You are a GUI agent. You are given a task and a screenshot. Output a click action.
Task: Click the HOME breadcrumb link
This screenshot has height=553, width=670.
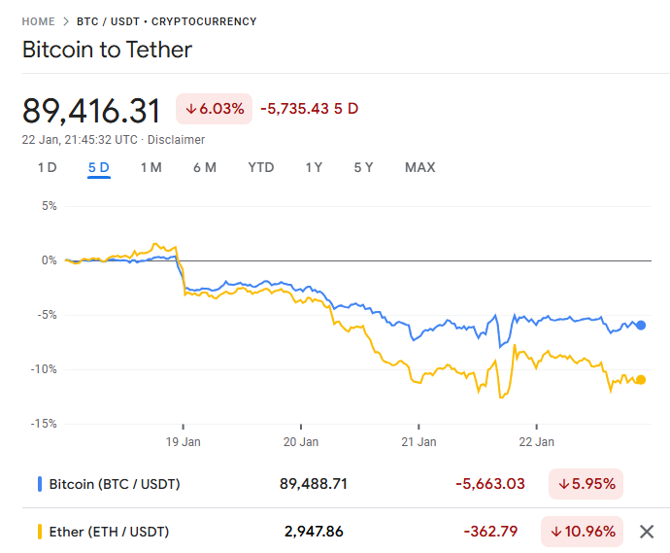[38, 20]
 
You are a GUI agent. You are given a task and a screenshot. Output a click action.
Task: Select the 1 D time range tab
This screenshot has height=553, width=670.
[47, 167]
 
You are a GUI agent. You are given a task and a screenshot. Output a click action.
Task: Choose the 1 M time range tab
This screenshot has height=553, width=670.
[151, 167]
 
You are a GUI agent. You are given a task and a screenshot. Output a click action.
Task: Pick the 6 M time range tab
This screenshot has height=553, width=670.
[204, 167]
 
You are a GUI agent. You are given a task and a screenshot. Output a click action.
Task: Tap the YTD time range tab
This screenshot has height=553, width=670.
[260, 167]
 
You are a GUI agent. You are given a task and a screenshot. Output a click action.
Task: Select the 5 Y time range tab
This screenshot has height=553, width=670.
[363, 167]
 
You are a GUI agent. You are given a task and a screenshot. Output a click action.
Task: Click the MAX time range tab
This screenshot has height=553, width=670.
[419, 167]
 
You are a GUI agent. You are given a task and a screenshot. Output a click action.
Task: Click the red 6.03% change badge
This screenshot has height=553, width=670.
[215, 108]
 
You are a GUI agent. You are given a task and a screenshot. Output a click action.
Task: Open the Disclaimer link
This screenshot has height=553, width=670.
[176, 139]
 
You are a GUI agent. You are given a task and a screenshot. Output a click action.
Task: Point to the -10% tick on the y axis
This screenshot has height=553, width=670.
[44, 369]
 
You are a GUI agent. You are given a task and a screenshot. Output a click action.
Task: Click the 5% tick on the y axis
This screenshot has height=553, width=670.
[49, 206]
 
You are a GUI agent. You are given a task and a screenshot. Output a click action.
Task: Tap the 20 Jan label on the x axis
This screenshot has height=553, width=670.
[301, 441]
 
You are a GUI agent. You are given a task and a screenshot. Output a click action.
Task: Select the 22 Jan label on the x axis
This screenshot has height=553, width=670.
[537, 441]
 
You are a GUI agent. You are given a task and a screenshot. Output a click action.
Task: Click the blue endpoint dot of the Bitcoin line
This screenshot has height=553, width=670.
[641, 326]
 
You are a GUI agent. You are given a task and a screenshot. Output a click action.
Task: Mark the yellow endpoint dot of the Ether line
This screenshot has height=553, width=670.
[641, 380]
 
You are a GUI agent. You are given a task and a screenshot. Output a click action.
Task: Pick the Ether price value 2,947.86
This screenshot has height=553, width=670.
[314, 532]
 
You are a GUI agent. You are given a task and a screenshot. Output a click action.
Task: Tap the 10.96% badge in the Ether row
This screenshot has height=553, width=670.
[586, 532]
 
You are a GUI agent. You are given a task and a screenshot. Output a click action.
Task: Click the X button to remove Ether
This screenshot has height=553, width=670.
[647, 532]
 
